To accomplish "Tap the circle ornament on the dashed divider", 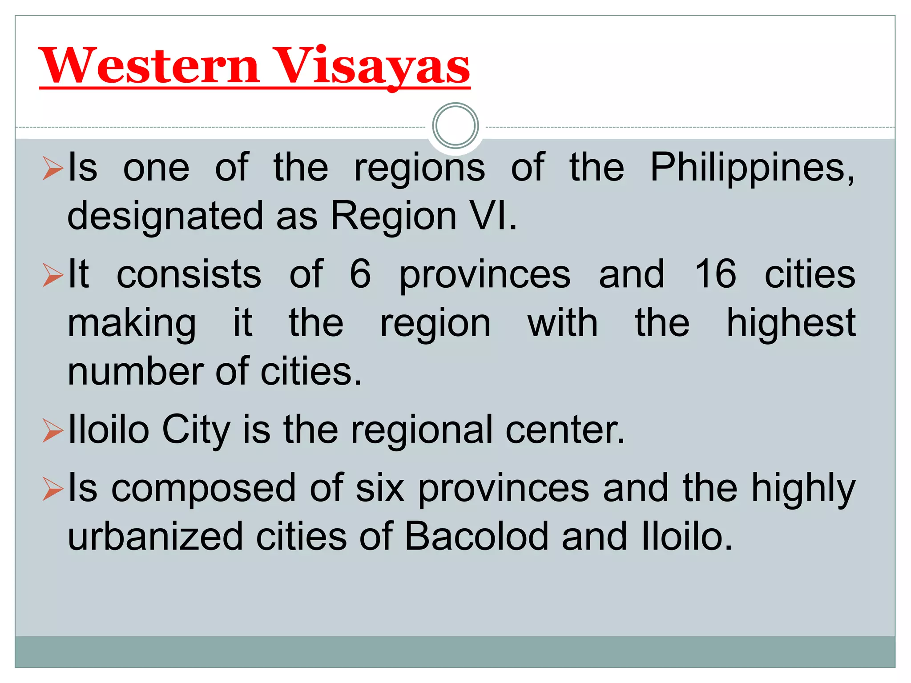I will tap(455, 126).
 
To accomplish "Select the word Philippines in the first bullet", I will tap(752, 168).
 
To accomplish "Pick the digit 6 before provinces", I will tap(360, 274).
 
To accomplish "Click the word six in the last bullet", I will tap(380, 488).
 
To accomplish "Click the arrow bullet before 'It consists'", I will tap(53, 275).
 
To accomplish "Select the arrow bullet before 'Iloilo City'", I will tap(53, 430).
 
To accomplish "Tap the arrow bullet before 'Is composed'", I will tap(53, 489).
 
